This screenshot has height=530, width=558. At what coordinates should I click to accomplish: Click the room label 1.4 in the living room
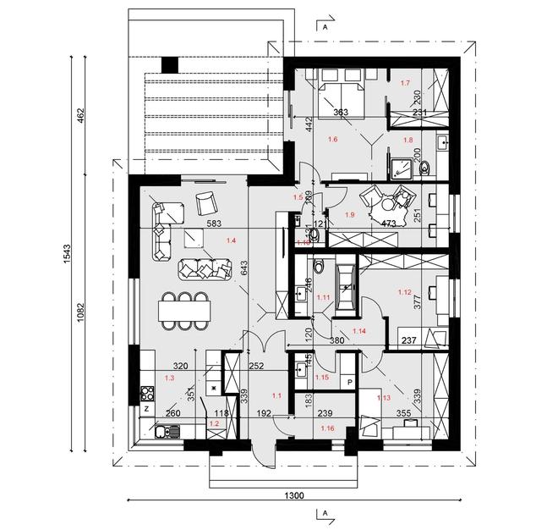[231, 240]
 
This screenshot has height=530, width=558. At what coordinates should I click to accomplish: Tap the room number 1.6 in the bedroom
[332, 137]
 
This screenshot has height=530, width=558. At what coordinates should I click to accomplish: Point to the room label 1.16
[327, 430]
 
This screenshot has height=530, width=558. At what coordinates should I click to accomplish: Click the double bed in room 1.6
[341, 89]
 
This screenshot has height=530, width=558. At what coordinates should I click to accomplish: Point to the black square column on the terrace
[169, 63]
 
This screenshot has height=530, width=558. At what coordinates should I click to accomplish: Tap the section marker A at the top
[324, 26]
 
